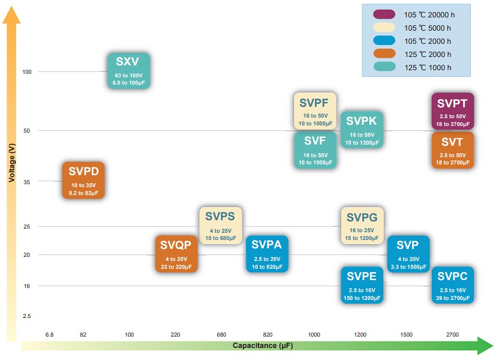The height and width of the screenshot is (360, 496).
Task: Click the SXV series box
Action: pyautogui.click(x=128, y=71)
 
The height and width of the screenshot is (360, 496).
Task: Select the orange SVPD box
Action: pyautogui.click(x=84, y=180)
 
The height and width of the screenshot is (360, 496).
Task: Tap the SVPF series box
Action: pyautogui.click(x=315, y=111)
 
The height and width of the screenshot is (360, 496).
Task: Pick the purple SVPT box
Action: pyautogui.click(x=453, y=111)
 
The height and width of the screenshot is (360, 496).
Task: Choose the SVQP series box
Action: pyautogui.click(x=176, y=254)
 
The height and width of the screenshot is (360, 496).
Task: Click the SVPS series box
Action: pyautogui.click(x=221, y=225)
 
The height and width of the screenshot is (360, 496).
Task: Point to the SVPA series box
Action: pyautogui.click(x=267, y=254)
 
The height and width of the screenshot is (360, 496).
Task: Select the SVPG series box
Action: pyautogui.click(x=362, y=225)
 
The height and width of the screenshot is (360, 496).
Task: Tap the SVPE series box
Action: pyautogui.click(x=362, y=285)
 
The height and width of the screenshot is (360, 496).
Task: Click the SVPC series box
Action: pyautogui.click(x=453, y=285)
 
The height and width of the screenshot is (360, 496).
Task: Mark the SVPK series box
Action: pyautogui.click(x=362, y=130)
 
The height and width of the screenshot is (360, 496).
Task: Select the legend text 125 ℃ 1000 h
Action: pyautogui.click(x=428, y=67)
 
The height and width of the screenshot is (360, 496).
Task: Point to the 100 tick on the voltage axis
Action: pyautogui.click(x=26, y=72)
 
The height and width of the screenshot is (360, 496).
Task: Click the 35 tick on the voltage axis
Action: pyautogui.click(x=26, y=181)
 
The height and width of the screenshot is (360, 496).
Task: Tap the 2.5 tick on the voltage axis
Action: pyautogui.click(x=26, y=316)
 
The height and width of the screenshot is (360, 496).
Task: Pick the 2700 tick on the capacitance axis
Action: pyautogui.click(x=453, y=334)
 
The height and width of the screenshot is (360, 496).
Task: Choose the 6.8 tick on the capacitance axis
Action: pyautogui.click(x=49, y=334)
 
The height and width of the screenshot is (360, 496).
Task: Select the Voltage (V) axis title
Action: pyautogui.click(x=12, y=163)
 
